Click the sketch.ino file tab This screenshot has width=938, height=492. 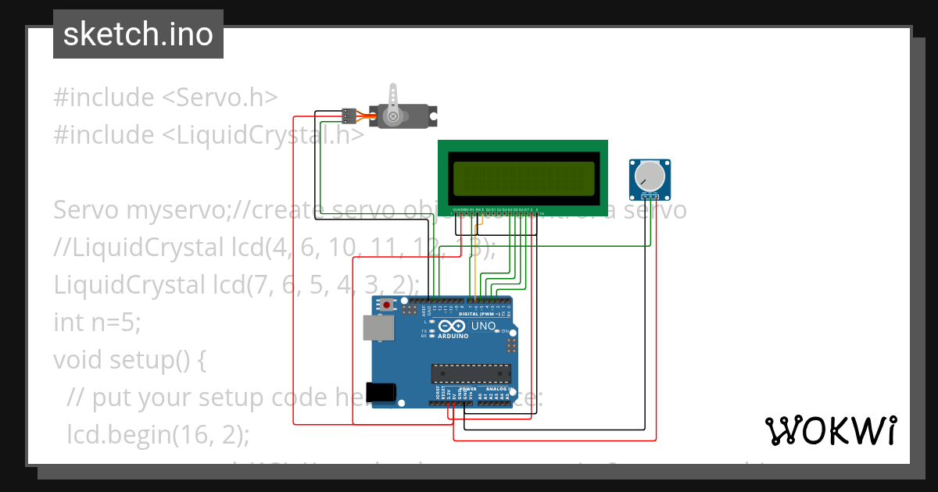coord(138,34)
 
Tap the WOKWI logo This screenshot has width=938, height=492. coord(830,430)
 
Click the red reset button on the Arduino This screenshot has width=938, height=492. coord(386,305)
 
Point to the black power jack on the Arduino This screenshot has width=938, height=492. coord(380,390)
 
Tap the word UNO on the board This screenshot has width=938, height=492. coord(485,326)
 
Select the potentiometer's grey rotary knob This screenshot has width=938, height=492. coord(649,175)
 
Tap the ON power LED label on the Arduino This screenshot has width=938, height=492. coord(505,331)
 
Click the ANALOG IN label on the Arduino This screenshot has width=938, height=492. coord(499,389)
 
